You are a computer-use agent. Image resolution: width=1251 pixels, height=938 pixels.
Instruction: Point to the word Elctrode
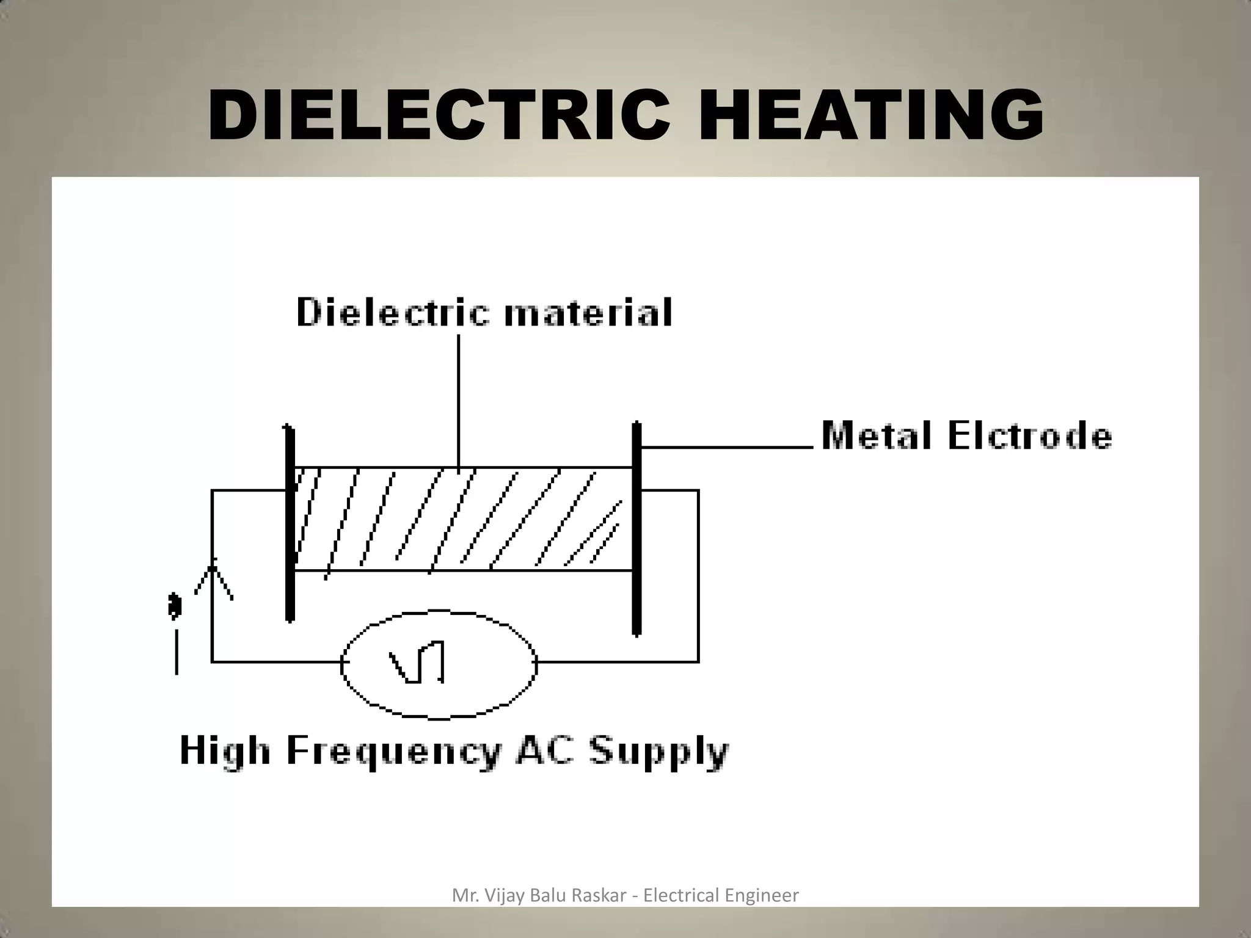click(1030, 436)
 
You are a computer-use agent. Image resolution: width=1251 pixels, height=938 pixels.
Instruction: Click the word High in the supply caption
click(224, 751)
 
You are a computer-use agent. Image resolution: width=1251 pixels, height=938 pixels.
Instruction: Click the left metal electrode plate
click(290, 525)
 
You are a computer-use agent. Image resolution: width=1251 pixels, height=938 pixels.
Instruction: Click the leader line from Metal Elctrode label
click(727, 447)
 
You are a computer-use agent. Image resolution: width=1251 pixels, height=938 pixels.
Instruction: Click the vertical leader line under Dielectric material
click(459, 397)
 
